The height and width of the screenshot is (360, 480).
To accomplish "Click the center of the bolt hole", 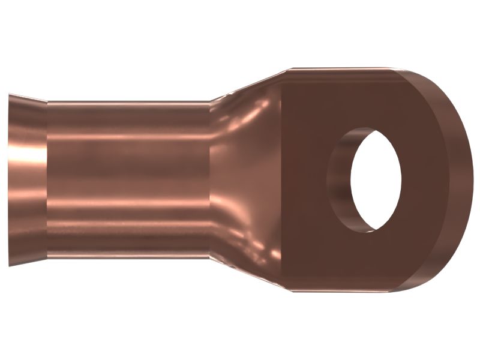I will point(376,180).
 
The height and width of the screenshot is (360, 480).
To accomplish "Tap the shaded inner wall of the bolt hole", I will point(340,180).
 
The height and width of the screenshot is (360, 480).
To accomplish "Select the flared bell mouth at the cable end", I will point(28,180).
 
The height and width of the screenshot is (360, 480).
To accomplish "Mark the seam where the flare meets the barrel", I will point(47,180).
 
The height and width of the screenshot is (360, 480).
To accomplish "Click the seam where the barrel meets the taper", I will point(209,180).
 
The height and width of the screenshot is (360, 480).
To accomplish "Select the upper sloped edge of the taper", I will point(252,84).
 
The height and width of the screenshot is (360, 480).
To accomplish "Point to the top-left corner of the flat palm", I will point(291,68).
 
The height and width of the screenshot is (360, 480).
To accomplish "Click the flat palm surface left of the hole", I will point(306,180).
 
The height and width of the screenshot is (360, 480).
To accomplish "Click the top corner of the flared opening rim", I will point(10,94).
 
